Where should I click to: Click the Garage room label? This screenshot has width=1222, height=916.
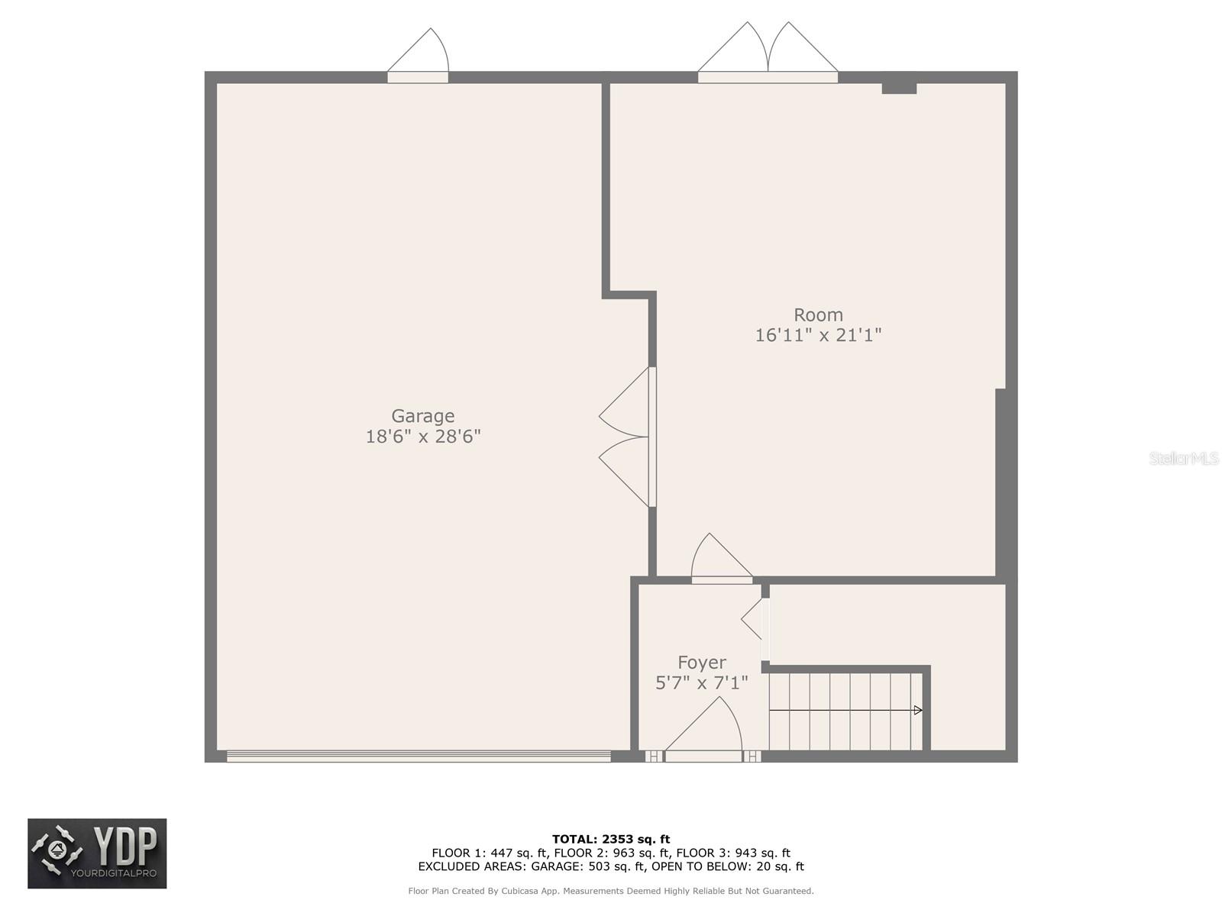coord(422,416)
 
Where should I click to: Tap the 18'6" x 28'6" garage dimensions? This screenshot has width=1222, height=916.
coord(423,437)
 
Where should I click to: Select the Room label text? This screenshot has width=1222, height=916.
coord(818,314)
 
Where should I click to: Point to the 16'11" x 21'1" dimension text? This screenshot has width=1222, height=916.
coord(818,335)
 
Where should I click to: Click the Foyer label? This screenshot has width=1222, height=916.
coord(702,663)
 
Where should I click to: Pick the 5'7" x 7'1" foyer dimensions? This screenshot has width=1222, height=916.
coord(702,682)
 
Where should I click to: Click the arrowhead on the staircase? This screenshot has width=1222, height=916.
coord(918,711)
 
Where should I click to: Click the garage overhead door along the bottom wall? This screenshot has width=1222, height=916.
coord(419,756)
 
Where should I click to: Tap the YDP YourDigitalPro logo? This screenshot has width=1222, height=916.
coord(97,853)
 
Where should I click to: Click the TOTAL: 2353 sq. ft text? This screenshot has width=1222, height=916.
coord(611,840)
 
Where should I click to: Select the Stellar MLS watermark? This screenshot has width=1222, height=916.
coord(1184,458)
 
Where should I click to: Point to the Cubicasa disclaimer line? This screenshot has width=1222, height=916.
coord(611,891)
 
